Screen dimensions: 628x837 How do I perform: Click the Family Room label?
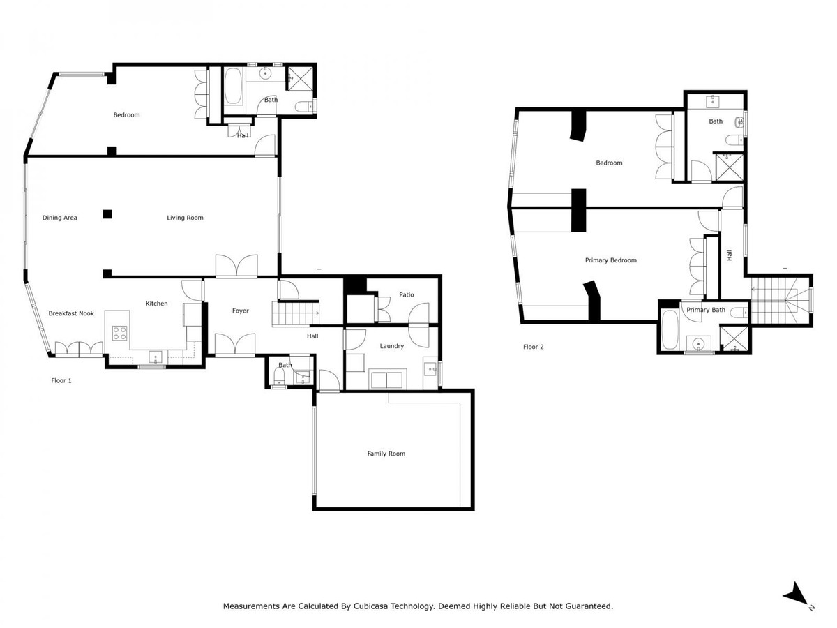pyautogui.click(x=386, y=454)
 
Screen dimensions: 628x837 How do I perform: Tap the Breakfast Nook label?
pyautogui.click(x=71, y=313)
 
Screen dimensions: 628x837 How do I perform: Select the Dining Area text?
pyautogui.click(x=60, y=218)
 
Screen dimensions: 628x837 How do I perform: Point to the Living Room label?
pyautogui.click(x=185, y=218)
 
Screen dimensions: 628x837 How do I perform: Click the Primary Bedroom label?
pyautogui.click(x=610, y=260)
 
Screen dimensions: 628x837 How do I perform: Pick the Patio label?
pyautogui.click(x=406, y=294)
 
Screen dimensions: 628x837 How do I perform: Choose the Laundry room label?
pyautogui.click(x=391, y=346)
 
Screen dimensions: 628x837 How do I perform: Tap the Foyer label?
pyautogui.click(x=240, y=311)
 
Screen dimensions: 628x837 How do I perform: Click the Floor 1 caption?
pyautogui.click(x=61, y=380)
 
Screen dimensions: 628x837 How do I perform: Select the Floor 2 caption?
pyautogui.click(x=534, y=346)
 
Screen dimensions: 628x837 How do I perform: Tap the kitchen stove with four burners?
pyautogui.click(x=120, y=333)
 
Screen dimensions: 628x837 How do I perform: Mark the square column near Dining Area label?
pyautogui.click(x=107, y=214)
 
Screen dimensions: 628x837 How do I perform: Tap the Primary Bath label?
pyautogui.click(x=706, y=310)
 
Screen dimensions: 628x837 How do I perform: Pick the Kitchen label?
pyautogui.click(x=156, y=304)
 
